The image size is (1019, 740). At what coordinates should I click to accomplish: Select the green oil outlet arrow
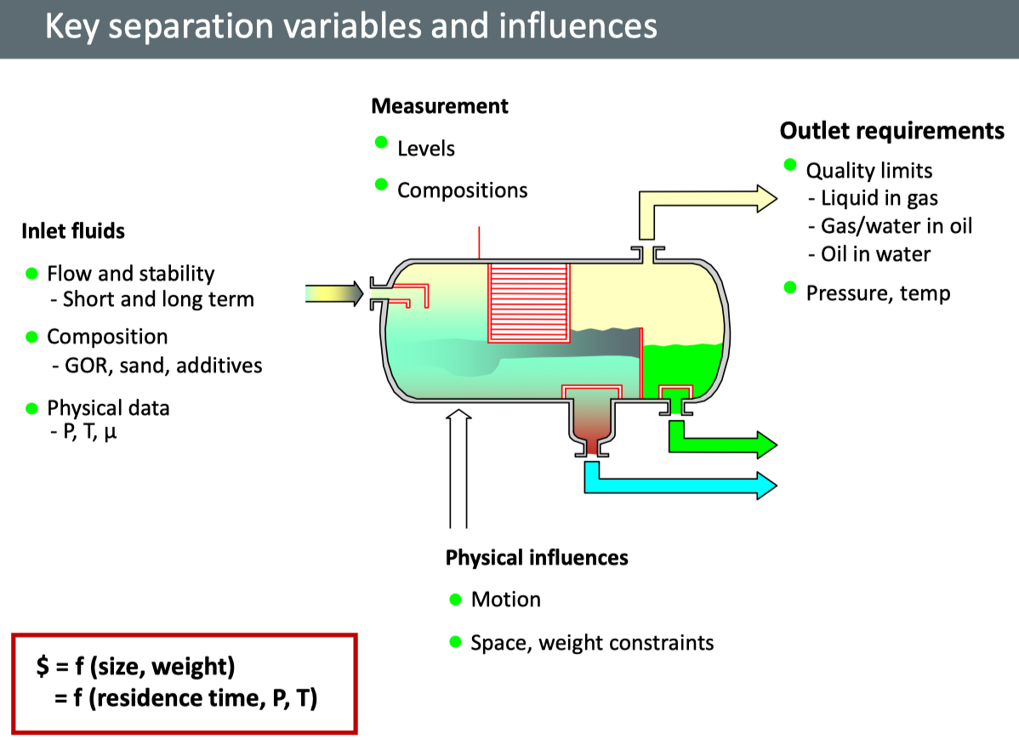(723, 443)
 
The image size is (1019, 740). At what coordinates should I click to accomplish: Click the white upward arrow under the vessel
(458, 468)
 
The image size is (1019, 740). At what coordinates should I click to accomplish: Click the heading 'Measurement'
(440, 106)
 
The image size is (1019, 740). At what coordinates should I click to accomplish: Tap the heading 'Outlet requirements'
(892, 131)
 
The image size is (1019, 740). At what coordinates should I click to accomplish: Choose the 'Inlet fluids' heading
(73, 231)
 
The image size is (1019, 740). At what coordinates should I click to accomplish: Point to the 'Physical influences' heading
(537, 558)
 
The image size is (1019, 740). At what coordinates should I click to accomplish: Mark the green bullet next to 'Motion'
(455, 599)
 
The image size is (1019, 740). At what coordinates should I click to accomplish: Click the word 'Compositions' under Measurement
(462, 191)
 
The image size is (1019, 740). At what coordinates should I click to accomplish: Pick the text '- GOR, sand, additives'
(155, 366)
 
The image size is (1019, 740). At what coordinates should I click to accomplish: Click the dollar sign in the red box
(43, 667)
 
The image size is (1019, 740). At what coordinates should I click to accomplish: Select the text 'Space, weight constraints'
(592, 642)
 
